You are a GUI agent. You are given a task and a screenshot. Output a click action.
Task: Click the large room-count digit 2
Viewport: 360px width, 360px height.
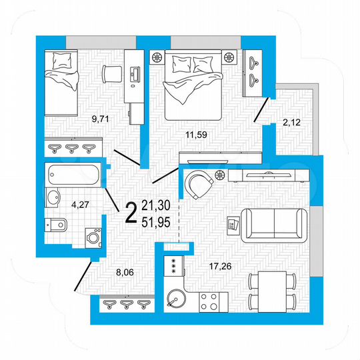131,212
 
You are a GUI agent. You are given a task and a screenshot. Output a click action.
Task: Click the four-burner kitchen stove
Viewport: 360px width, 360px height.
208,300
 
